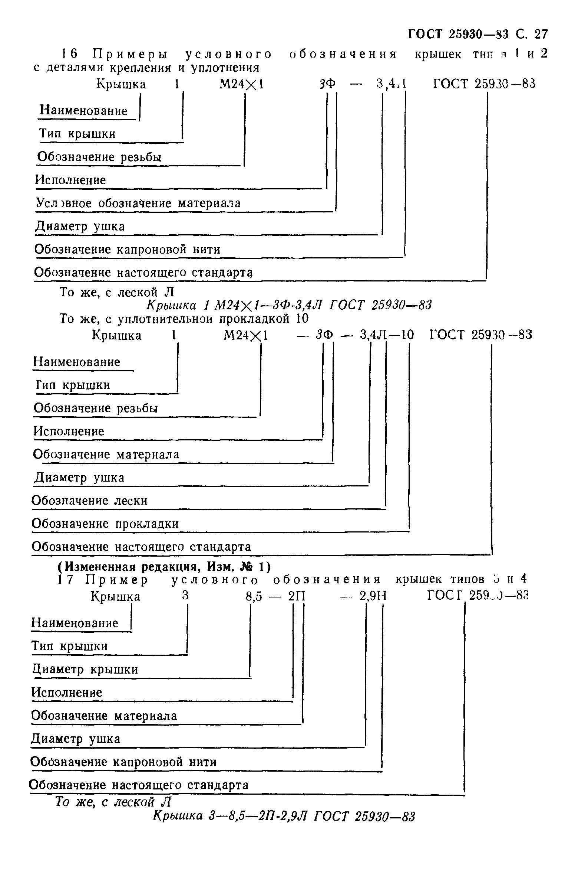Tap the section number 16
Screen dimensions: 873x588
point(70,54)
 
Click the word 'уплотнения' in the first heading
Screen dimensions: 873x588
point(225,68)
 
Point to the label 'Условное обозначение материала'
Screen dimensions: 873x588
point(138,203)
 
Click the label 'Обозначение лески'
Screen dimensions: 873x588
point(90,501)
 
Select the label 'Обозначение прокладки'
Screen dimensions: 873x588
point(105,524)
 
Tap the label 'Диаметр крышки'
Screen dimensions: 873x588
point(85,670)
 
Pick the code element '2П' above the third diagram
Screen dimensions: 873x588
point(297,596)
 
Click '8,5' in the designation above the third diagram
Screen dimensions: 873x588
point(254,596)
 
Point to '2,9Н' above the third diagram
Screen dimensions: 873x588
point(373,596)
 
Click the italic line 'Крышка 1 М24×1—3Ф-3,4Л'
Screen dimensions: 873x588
point(289,305)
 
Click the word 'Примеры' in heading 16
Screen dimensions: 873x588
point(131,54)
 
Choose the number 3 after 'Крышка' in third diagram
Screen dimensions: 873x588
point(185,596)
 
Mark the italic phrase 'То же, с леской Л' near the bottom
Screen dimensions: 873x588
point(113,802)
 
